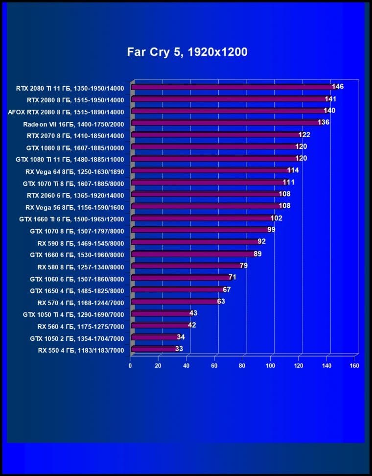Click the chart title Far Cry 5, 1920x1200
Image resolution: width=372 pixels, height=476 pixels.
pyautogui.click(x=186, y=51)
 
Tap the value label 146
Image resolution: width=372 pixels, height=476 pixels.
pyautogui.click(x=338, y=87)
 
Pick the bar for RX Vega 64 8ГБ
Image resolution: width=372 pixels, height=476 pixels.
pyautogui.click(x=210, y=171)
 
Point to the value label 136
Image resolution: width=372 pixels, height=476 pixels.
pyautogui.click(x=324, y=122)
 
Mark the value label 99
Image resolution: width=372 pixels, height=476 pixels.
pyautogui.click(x=271, y=230)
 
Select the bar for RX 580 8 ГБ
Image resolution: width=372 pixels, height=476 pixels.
pyautogui.click(x=186, y=266)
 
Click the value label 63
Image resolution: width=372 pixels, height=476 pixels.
pyautogui.click(x=221, y=301)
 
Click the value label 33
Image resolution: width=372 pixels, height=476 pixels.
pyautogui.click(x=179, y=349)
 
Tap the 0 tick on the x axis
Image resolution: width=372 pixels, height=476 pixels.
pyautogui.click(x=130, y=366)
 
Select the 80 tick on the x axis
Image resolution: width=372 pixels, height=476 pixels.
pyautogui.click(x=243, y=366)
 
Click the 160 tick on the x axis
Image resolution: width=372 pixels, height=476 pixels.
pyautogui.click(x=355, y=366)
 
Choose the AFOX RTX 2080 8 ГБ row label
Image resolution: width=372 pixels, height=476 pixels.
pyautogui.click(x=66, y=112)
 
